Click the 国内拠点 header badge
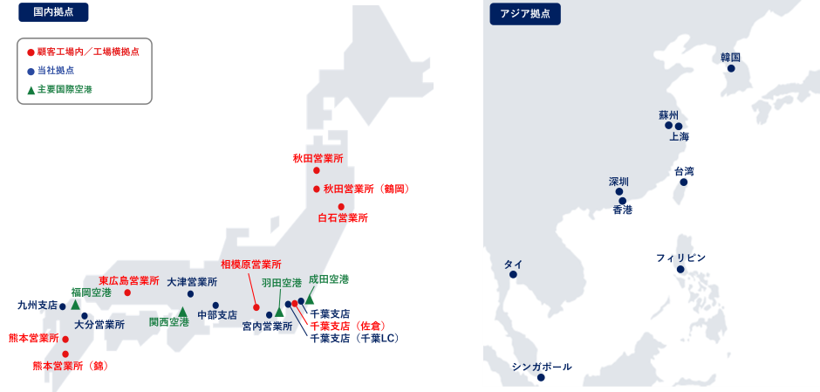coord(53,12)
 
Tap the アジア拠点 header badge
coord(525,13)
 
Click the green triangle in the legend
coord(31,89)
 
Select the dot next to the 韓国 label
coord(731,68)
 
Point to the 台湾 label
coord(684,171)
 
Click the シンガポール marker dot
coord(541,377)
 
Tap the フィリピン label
coord(680,258)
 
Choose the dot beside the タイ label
coord(513,275)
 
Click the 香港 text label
coord(622,210)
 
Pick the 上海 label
coord(679,137)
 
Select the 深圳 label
coord(618,182)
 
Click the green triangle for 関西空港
coord(182,311)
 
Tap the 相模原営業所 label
coord(250,264)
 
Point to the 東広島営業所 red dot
coord(127,292)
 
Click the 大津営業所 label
coord(192,282)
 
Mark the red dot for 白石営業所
coord(341,207)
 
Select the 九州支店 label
coord(37,306)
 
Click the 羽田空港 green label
coord(281,283)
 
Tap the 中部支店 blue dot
coord(215,306)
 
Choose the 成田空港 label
coord(328,279)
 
